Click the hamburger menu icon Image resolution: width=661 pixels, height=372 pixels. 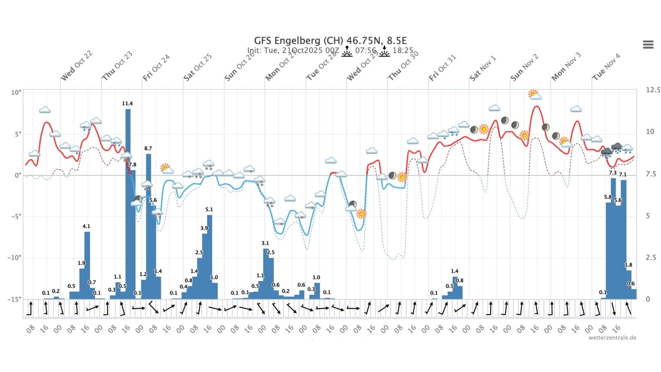[x=648, y=44]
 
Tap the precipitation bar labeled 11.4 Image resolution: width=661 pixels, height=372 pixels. [x=128, y=198]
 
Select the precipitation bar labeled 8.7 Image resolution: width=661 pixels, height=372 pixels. [x=148, y=225]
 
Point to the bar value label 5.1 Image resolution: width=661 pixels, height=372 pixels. [x=209, y=210]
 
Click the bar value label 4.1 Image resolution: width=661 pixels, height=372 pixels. [x=86, y=227]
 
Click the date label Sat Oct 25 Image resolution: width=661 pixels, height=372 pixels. [x=198, y=67]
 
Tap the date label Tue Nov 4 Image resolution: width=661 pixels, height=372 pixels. [x=606, y=67]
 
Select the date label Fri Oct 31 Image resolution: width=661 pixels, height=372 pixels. [x=443, y=68]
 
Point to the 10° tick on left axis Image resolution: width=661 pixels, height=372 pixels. [x=16, y=93]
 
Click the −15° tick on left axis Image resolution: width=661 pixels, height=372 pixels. [x=15, y=299]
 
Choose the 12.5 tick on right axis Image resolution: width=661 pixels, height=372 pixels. [x=653, y=90]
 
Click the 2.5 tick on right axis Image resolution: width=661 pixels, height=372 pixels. [x=651, y=258]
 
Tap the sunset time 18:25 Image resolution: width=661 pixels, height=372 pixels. [x=403, y=51]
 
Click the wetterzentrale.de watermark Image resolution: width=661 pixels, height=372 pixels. [x=612, y=338]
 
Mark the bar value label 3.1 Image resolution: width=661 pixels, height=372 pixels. [x=265, y=243]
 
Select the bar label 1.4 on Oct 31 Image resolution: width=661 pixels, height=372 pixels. [x=454, y=271]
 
